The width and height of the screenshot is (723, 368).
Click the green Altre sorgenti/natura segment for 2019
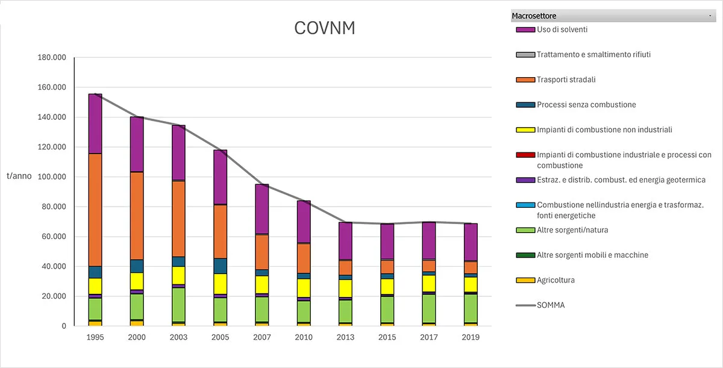(x=471, y=308)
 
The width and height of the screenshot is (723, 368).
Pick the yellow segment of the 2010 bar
(x=304, y=288)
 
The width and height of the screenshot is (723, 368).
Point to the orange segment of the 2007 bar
(x=262, y=252)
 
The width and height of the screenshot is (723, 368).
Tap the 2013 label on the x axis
(x=345, y=337)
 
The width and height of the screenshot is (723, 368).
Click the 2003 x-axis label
(x=178, y=337)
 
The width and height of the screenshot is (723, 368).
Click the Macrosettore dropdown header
(x=612, y=16)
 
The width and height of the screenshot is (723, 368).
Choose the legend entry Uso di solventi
(x=562, y=30)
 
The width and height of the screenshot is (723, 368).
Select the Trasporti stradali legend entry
(x=566, y=80)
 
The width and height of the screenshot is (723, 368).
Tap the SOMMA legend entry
(x=551, y=305)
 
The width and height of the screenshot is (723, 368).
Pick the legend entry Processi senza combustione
(x=586, y=105)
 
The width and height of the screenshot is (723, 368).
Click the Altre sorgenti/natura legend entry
(x=575, y=230)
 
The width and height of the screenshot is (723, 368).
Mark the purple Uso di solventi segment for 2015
(x=387, y=242)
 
